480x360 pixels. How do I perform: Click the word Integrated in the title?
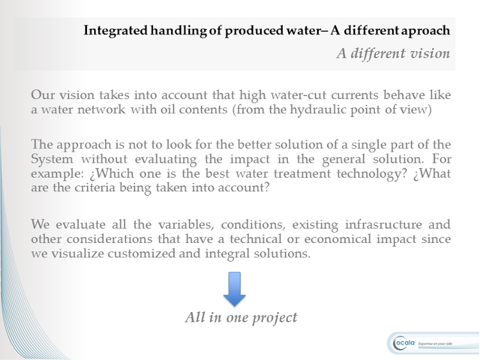[115, 31]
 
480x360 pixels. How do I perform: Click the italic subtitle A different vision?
[394, 54]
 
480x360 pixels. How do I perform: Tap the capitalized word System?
[52, 159]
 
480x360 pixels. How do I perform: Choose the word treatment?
[302, 173]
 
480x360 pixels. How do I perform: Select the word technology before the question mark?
[369, 174]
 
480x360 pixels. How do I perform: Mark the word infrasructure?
[383, 224]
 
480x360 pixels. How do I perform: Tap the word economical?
[338, 239]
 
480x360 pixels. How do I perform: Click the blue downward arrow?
[234, 290]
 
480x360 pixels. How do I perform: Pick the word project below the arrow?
[275, 318]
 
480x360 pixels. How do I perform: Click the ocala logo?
[404, 343]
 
